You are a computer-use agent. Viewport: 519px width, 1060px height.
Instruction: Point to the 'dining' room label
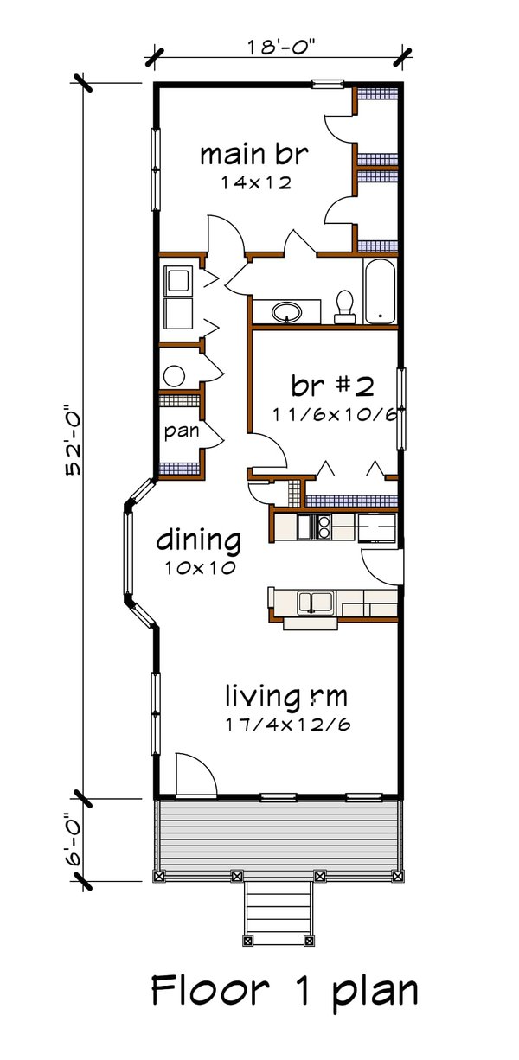click(x=198, y=542)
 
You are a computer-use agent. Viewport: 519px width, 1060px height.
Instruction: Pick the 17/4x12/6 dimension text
click(x=287, y=723)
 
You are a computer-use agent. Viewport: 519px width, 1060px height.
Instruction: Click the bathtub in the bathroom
click(x=379, y=291)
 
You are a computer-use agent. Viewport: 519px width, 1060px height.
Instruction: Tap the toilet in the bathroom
click(x=344, y=305)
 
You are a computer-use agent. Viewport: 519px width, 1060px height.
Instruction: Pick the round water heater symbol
click(x=174, y=375)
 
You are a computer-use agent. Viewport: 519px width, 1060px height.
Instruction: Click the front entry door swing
click(x=195, y=775)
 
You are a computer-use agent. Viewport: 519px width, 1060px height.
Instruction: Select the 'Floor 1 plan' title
click(x=285, y=991)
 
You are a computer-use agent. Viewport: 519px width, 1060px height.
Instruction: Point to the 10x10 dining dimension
click(x=198, y=569)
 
